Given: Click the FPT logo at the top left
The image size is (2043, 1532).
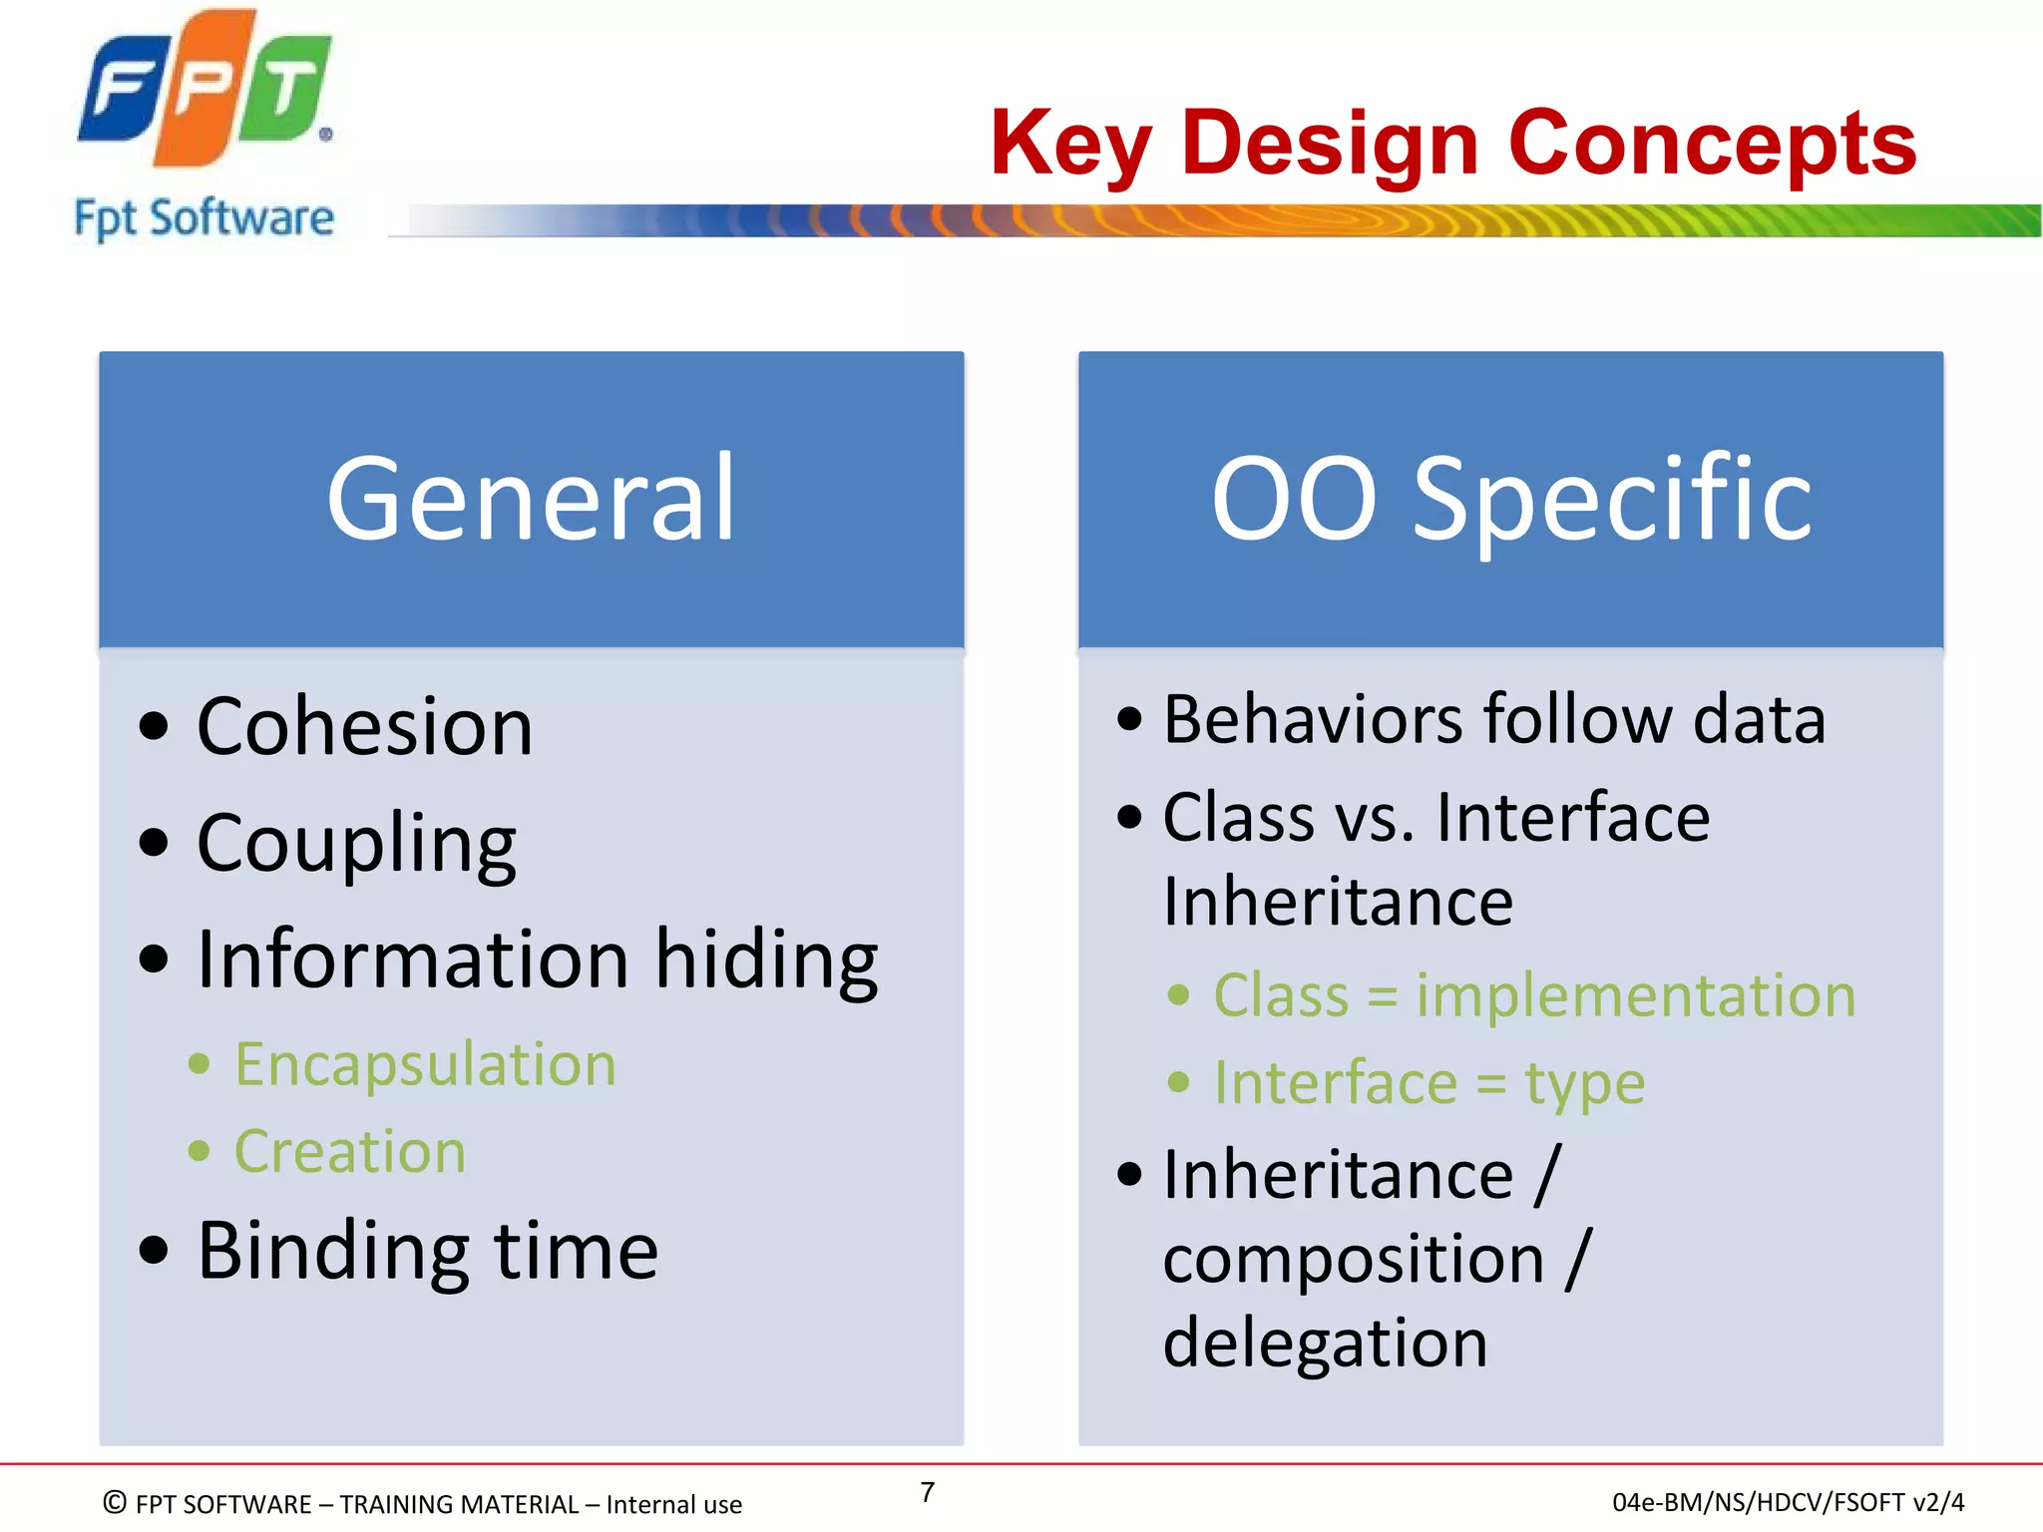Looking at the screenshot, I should [204, 90].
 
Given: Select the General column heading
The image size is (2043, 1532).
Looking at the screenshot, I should [531, 499].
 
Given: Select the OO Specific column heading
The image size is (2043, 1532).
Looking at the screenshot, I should [1510, 499].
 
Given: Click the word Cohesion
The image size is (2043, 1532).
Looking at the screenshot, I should [364, 727].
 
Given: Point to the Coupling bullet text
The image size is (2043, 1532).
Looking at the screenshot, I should [356, 844].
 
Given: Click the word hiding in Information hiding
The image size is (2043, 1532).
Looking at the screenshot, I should [766, 959].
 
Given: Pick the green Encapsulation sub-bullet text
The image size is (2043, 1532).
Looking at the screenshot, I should [425, 1064].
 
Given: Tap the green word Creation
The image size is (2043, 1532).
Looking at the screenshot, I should [350, 1152].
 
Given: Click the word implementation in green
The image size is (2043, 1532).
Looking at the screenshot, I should [1635, 995].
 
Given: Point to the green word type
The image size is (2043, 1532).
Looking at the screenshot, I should [1584, 1084].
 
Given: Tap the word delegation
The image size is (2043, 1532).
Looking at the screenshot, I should [1325, 1342].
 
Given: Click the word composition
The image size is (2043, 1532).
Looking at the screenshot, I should [1353, 1259].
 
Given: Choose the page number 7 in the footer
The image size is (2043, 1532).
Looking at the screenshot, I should [927, 1492].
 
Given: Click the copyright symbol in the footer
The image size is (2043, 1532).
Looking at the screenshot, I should [115, 1502].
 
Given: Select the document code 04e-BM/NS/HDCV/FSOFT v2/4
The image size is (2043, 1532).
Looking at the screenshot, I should [1788, 1502].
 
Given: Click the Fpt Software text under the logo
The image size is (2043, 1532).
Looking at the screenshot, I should [204, 218].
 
